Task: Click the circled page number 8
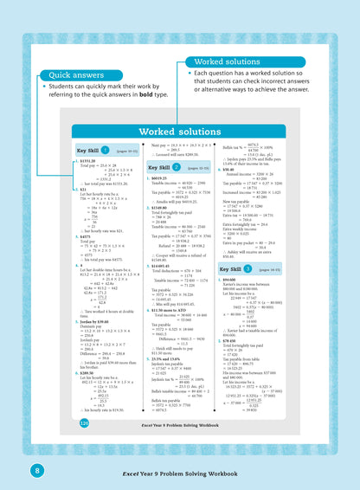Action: pos(13,469)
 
